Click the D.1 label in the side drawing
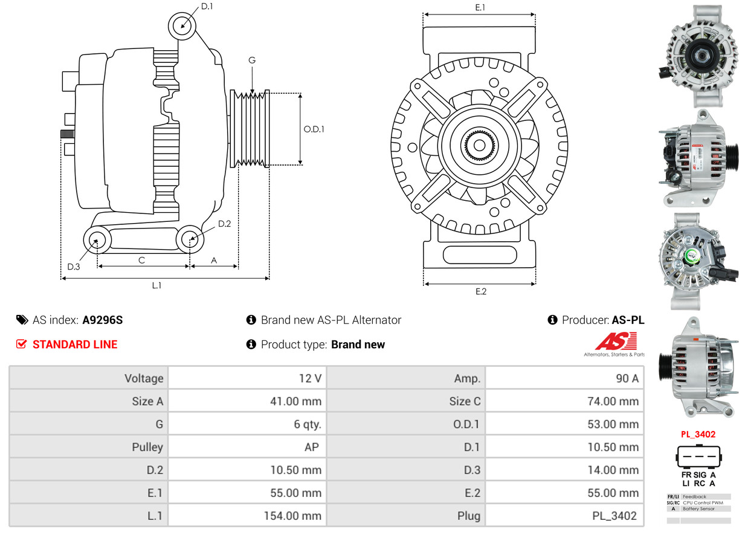(x=207, y=6)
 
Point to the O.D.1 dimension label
(x=314, y=129)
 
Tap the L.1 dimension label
(x=156, y=285)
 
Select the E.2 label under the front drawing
(x=480, y=291)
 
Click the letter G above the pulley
(x=252, y=60)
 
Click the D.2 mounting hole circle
(x=190, y=239)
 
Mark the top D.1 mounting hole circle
(x=182, y=27)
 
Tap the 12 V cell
(x=309, y=378)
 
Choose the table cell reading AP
(x=314, y=447)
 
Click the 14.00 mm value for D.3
(x=613, y=470)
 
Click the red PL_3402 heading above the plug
(x=698, y=434)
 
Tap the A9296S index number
(x=102, y=320)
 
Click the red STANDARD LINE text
(x=74, y=345)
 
